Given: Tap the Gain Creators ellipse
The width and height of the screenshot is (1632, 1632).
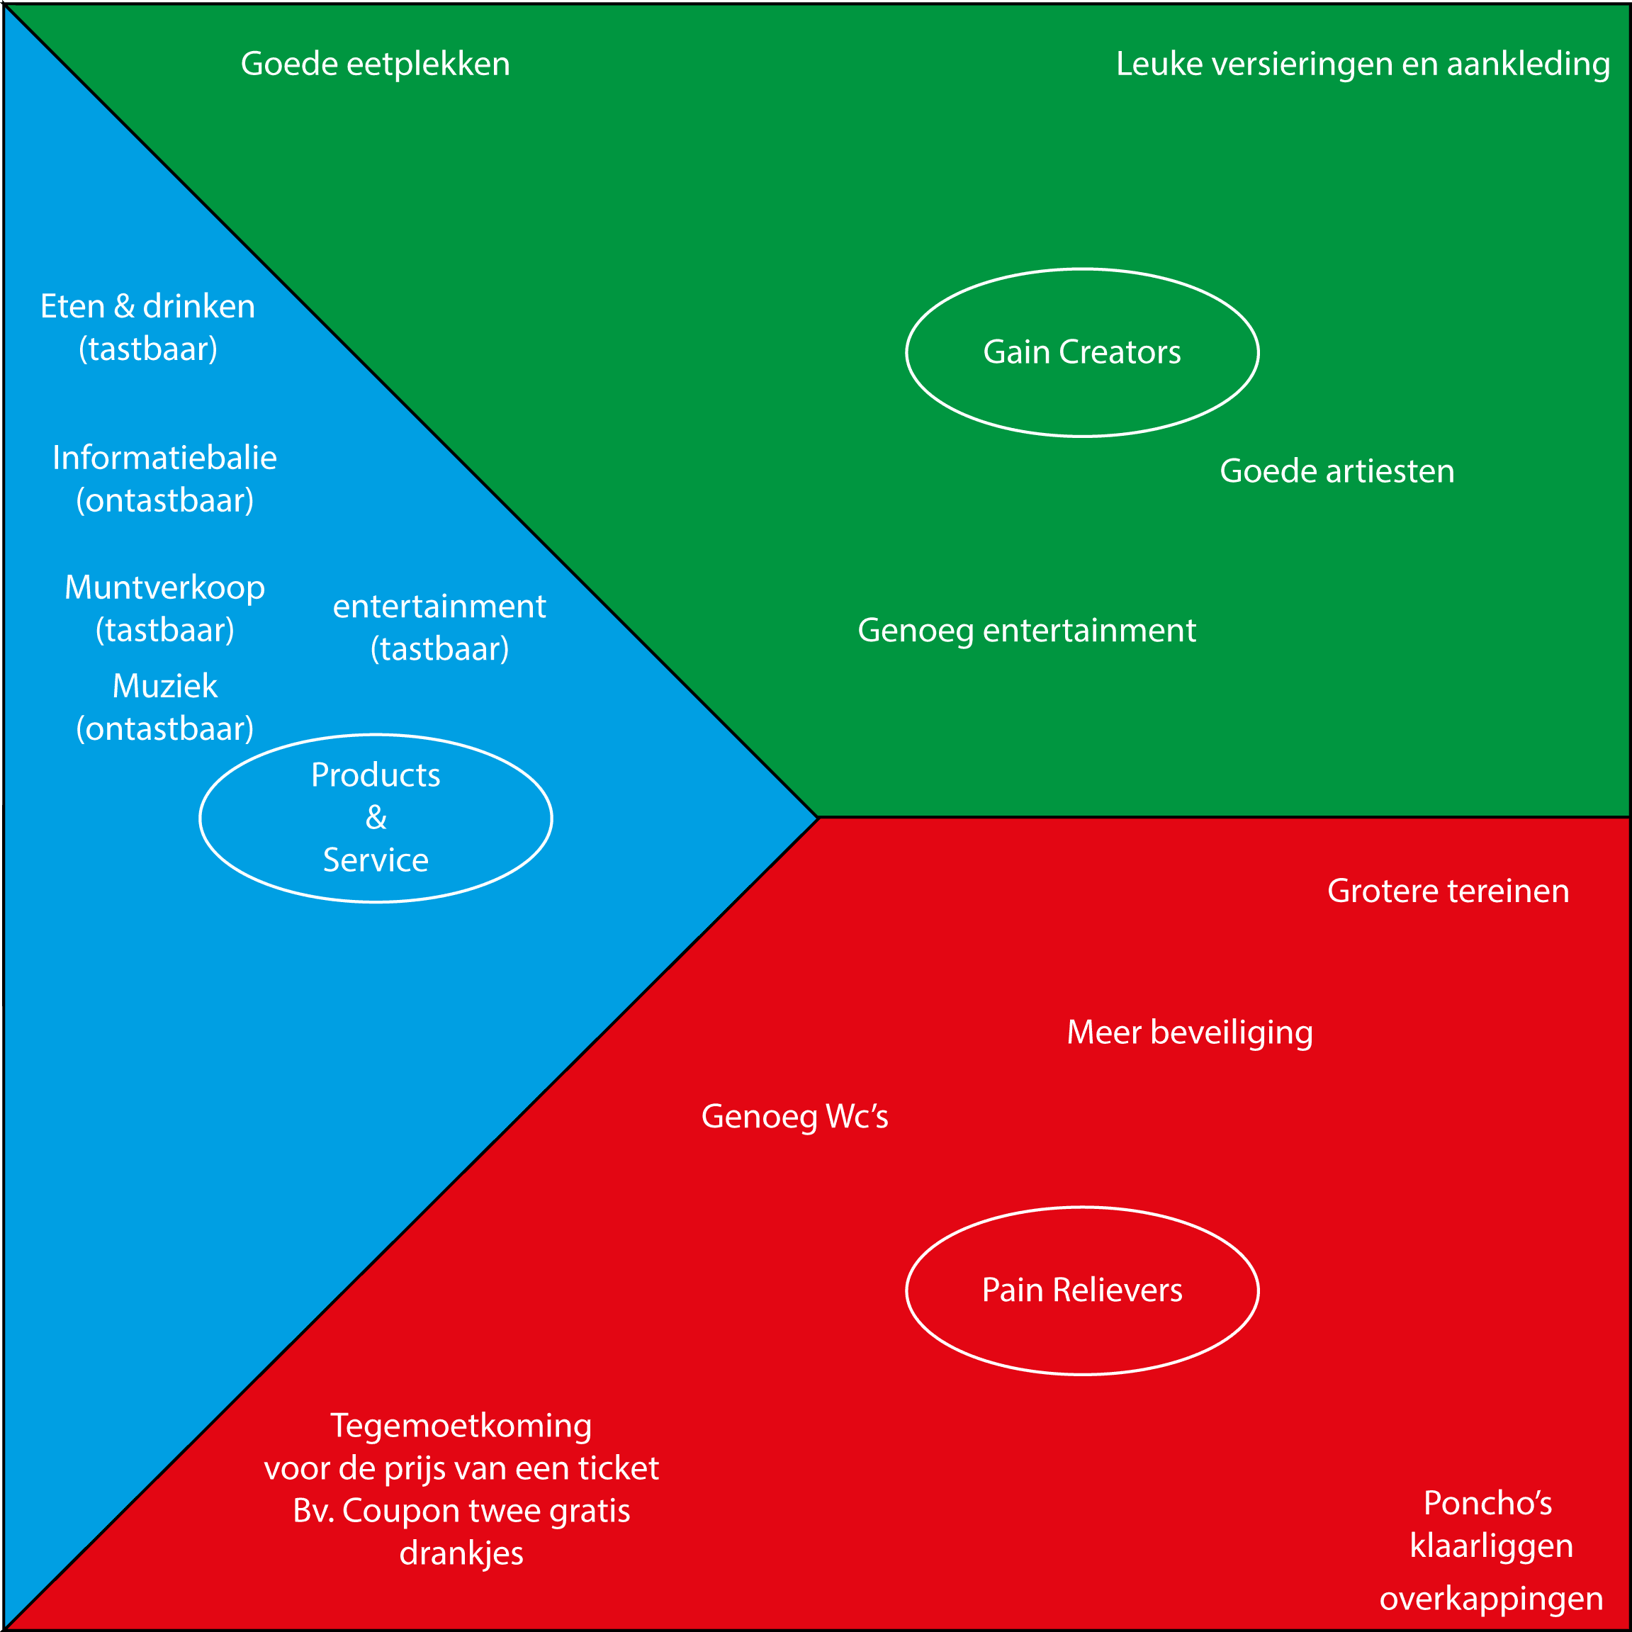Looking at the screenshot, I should tap(1082, 352).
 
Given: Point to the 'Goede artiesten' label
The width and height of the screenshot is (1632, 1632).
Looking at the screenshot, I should tap(1336, 471).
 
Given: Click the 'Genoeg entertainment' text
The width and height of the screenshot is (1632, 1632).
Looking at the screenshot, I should tap(1026, 630).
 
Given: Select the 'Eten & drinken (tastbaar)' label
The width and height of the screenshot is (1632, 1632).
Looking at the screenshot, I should tap(148, 327).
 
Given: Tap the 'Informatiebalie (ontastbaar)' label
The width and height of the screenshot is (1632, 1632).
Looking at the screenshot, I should tap(164, 479).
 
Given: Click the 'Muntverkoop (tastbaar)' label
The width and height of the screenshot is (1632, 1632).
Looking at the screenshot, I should tap(164, 608).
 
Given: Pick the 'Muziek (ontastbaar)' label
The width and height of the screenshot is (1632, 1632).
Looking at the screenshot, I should tap(164, 707).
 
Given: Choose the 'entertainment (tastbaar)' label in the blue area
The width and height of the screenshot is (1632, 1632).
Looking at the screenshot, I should tap(439, 626).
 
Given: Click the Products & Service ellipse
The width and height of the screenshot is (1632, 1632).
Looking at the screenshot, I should tap(376, 818).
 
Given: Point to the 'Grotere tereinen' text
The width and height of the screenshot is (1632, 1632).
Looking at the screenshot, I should tap(1448, 891).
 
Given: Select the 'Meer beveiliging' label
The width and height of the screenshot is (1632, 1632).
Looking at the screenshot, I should tap(1189, 1032).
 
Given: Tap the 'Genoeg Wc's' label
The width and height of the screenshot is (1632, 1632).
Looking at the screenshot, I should tap(794, 1117).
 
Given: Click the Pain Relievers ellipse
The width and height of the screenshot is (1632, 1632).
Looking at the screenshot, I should tap(1082, 1290).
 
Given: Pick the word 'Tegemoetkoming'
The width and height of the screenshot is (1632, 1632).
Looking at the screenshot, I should tap(461, 1426).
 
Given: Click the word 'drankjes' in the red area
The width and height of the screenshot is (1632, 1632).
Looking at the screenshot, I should tap(461, 1553).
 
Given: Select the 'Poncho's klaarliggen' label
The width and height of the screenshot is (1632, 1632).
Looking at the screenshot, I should tap(1491, 1524).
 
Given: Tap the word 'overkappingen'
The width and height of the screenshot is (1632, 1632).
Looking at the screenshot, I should tap(1491, 1598).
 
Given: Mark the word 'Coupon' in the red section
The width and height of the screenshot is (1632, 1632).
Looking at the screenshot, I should tap(397, 1510).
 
